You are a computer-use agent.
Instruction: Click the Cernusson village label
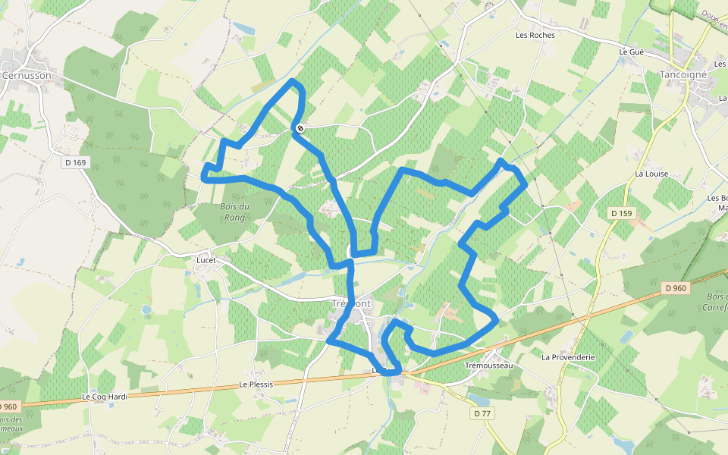[x=27, y=76]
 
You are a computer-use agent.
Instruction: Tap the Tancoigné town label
[x=682, y=75]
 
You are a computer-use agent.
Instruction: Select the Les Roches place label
[x=535, y=35]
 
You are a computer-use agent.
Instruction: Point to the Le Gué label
[x=631, y=52]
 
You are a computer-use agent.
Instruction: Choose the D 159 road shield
[x=621, y=214]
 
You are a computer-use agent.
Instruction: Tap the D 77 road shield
[x=482, y=413]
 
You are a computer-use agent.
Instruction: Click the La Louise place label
[x=651, y=174]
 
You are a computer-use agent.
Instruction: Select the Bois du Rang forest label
[x=234, y=212]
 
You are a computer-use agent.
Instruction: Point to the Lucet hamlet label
[x=206, y=260]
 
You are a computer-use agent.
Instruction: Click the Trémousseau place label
[x=488, y=366]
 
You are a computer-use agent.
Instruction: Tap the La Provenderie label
[x=568, y=356]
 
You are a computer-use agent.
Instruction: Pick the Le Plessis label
[x=256, y=384]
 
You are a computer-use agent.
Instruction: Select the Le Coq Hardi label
[x=105, y=397]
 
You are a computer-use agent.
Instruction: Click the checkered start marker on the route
[x=300, y=128]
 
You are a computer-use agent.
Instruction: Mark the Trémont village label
[x=352, y=303]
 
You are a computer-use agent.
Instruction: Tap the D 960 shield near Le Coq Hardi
[x=8, y=407]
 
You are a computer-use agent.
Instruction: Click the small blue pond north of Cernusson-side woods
[x=244, y=29]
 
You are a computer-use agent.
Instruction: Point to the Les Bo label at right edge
[x=717, y=199]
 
